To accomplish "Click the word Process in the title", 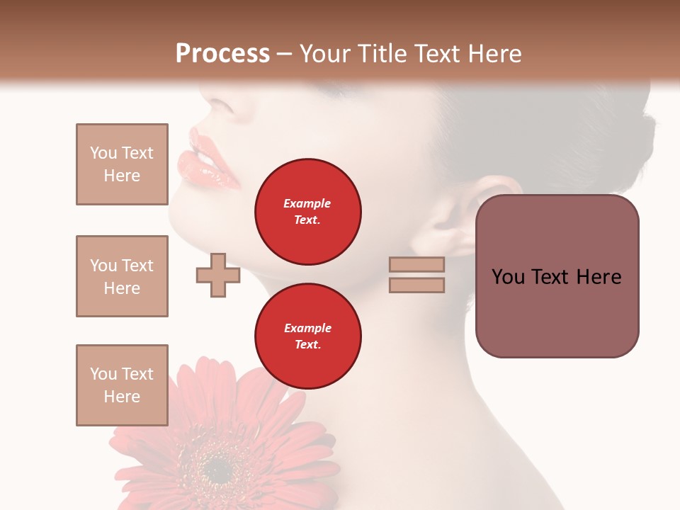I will [222, 54].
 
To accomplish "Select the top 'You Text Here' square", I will [122, 164].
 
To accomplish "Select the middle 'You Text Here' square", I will [122, 276].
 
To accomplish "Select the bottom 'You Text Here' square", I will [122, 385].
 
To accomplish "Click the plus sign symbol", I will [217, 275].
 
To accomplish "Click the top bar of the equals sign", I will [416, 264].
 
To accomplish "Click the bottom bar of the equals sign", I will [416, 285].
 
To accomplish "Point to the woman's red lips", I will [211, 161].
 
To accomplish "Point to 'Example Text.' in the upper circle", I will [307, 212].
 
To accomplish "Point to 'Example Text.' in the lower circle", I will [307, 336].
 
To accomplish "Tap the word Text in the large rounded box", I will [556, 277].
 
